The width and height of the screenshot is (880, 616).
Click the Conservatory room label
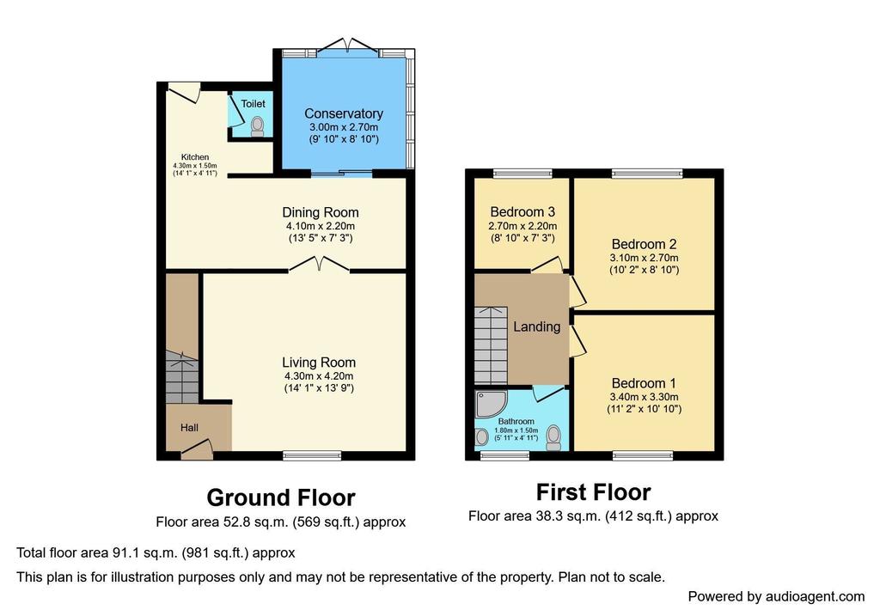click(344, 113)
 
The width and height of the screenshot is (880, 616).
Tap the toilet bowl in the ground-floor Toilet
click(258, 125)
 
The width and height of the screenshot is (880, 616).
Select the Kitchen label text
click(195, 157)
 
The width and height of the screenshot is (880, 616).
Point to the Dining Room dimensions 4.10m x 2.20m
click(321, 226)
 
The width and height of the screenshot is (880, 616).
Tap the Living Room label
click(319, 363)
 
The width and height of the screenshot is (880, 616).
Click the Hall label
click(189, 428)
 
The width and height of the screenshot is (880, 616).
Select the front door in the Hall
click(196, 448)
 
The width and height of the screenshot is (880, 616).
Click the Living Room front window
click(312, 455)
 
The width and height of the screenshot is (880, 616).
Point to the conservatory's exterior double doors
click(348, 46)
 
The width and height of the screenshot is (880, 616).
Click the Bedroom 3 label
click(522, 212)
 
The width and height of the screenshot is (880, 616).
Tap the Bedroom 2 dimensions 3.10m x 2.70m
click(644, 258)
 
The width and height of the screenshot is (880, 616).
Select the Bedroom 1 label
click(644, 383)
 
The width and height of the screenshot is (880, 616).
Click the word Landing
click(536, 326)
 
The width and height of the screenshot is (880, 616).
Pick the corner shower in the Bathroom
click(491, 404)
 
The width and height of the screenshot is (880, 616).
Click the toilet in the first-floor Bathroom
click(553, 437)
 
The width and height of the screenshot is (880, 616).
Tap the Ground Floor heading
click(281, 497)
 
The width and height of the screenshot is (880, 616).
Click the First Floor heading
click(593, 492)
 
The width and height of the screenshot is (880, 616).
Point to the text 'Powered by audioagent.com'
click(776, 596)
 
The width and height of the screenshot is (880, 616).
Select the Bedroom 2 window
click(647, 174)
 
